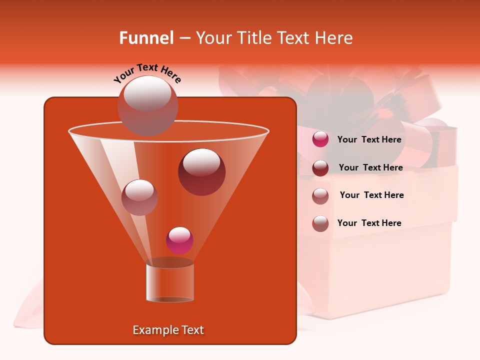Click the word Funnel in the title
click(146, 38)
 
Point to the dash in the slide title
click(184, 38)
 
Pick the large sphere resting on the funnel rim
click(148, 105)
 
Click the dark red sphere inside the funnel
click(201, 172)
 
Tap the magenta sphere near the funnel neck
click(179, 240)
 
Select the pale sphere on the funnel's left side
click(139, 197)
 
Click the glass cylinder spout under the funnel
click(170, 282)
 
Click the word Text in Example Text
click(192, 330)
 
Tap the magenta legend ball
click(320, 139)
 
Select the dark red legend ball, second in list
click(320, 168)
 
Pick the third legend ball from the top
click(320, 195)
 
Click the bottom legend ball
click(320, 223)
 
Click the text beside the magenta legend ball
click(369, 139)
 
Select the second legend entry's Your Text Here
click(370, 167)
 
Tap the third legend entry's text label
click(371, 195)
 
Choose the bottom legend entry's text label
click(369, 223)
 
